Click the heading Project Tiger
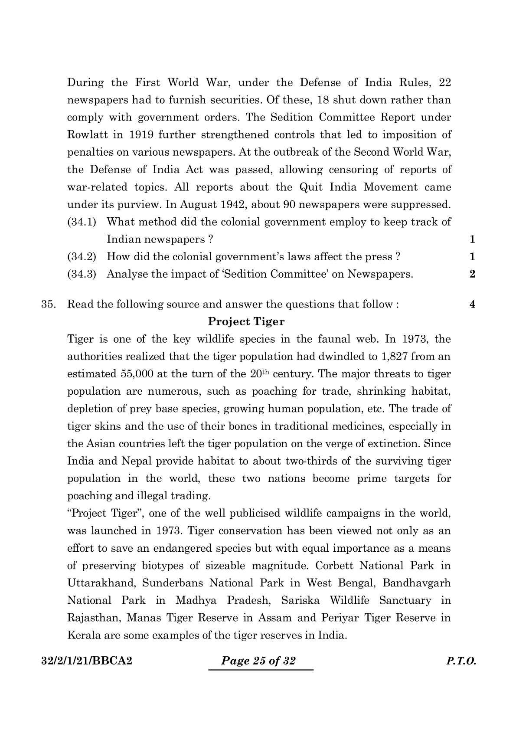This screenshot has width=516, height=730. tap(246, 321)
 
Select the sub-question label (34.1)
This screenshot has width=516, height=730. tap(82, 222)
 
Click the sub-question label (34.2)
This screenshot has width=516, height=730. tap(82, 256)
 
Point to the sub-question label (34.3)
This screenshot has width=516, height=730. tap(82, 274)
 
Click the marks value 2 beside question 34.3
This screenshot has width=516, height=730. tap(472, 274)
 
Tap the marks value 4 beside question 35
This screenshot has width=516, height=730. tap(472, 304)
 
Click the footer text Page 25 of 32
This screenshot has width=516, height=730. tap(258, 661)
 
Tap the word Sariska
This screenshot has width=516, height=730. tap(300, 600)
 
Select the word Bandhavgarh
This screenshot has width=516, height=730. tap(417, 583)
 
